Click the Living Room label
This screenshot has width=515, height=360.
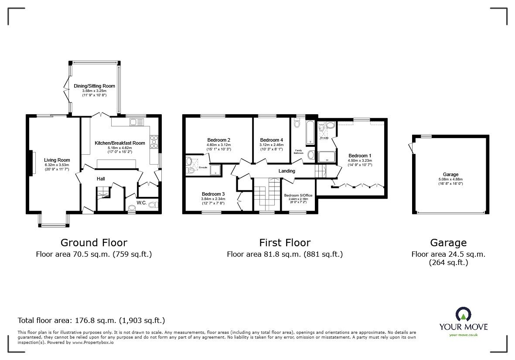(57, 160)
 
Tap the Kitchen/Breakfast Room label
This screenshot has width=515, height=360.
(119, 143)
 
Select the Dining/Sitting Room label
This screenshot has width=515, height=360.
(94, 86)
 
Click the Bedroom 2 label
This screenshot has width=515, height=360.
(218, 140)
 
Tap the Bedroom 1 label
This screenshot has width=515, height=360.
(360, 155)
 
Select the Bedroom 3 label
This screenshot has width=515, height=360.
(213, 194)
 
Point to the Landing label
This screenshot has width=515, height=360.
(286, 171)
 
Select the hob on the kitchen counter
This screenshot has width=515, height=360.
(154, 143)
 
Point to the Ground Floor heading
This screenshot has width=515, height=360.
(94, 243)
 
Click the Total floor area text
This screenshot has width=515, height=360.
(91, 320)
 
